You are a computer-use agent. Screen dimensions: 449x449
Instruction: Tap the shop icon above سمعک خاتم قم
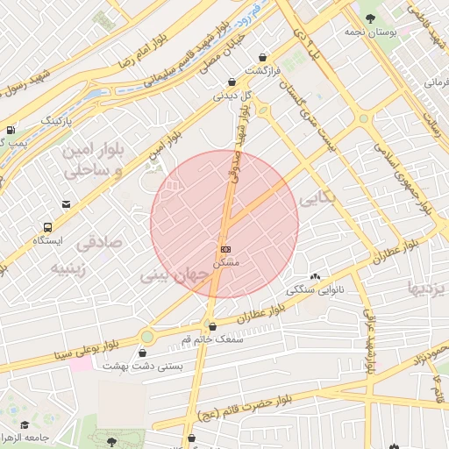(211, 326)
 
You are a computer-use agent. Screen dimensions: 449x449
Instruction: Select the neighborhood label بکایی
(317, 201)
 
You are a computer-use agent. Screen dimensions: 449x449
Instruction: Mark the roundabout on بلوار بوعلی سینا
(146, 336)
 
